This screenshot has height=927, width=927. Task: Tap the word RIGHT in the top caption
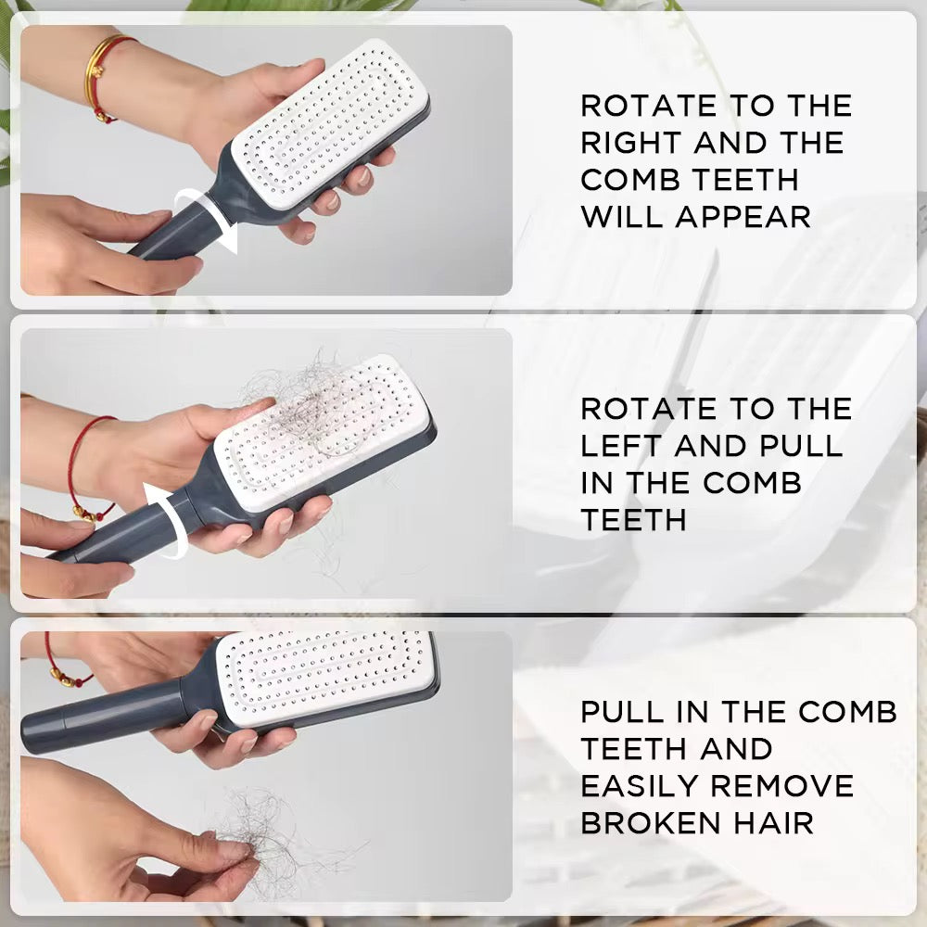630,143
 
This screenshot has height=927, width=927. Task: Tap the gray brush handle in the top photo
171,232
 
